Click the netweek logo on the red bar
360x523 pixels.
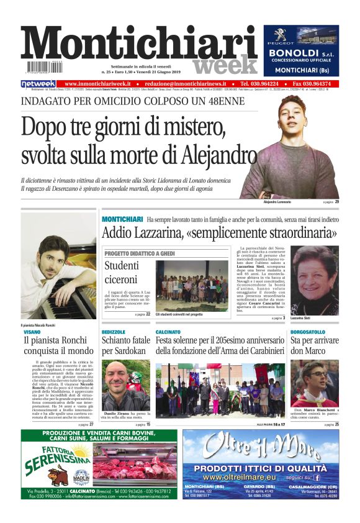click(38, 84)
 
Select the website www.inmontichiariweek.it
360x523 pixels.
click(97, 84)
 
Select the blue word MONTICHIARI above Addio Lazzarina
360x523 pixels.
click(122, 220)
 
